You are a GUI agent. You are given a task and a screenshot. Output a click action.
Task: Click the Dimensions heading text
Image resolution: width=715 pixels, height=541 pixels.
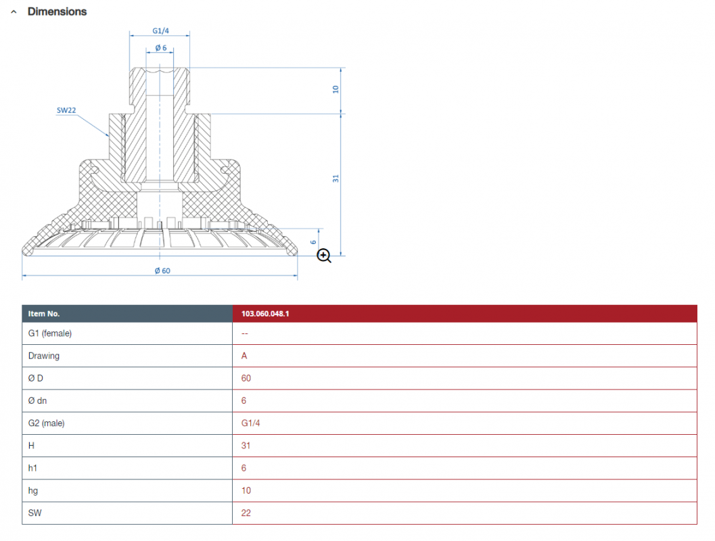[x=57, y=11]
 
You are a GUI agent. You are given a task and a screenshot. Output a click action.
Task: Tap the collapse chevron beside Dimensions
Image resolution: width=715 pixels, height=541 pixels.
[x=14, y=12]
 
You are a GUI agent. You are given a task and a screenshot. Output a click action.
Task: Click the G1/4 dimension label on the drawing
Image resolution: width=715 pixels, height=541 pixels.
[x=160, y=30]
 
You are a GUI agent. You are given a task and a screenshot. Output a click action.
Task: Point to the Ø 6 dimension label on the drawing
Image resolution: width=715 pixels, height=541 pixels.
[x=161, y=47]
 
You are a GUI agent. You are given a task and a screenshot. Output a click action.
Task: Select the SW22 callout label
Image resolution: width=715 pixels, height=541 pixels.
[x=66, y=110]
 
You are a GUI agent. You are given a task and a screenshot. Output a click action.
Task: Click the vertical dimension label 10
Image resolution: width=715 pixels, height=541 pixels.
[x=336, y=89]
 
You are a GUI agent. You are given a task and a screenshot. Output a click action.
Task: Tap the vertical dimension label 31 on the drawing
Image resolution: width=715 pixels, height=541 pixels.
[x=336, y=179]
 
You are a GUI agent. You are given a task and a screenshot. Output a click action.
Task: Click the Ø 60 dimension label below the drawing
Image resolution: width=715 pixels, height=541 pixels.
[x=162, y=270]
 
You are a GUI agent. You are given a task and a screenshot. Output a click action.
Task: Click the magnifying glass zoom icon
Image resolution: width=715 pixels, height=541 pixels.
[x=324, y=256]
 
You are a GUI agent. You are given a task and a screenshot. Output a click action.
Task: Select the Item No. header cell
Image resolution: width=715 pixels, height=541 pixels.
[x=44, y=314]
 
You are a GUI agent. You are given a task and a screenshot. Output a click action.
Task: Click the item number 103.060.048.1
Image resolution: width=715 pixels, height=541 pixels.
[x=265, y=314]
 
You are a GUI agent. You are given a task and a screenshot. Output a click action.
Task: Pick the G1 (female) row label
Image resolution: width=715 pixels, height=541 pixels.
[x=49, y=333]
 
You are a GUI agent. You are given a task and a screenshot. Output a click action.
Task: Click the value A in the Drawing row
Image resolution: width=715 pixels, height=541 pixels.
[x=244, y=356]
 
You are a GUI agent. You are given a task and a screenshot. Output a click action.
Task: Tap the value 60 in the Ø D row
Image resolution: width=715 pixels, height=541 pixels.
[x=246, y=378]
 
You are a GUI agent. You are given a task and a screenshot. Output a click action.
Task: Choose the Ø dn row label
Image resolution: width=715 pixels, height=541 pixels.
[x=37, y=400]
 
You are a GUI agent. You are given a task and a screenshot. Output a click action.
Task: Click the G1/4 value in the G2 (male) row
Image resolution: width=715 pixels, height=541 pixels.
[x=250, y=423]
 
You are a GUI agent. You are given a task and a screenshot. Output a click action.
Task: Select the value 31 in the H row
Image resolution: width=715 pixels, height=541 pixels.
[x=246, y=445]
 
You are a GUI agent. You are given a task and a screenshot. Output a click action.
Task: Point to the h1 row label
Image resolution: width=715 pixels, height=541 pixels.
[x=32, y=467]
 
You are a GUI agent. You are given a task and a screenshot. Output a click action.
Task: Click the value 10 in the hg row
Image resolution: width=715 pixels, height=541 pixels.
[x=246, y=490]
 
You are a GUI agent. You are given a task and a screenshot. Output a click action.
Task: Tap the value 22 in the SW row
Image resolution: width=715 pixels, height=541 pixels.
[x=246, y=513]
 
